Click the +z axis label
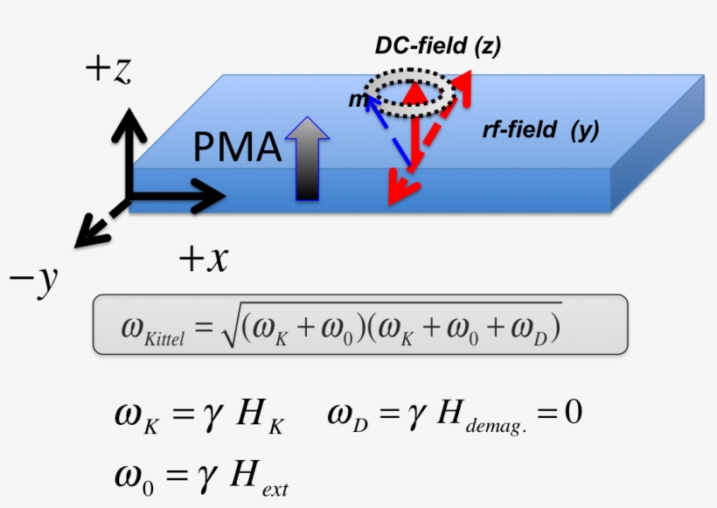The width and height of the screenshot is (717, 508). click(x=108, y=69)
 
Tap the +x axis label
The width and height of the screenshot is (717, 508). click(x=202, y=259)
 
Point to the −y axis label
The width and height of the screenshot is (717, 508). click(x=33, y=282)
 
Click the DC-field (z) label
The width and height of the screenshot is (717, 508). click(x=437, y=47)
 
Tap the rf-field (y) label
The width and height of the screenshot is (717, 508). click(x=539, y=130)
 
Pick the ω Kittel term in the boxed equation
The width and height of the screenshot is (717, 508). click(x=152, y=330)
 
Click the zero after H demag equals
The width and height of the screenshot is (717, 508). click(x=573, y=411)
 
